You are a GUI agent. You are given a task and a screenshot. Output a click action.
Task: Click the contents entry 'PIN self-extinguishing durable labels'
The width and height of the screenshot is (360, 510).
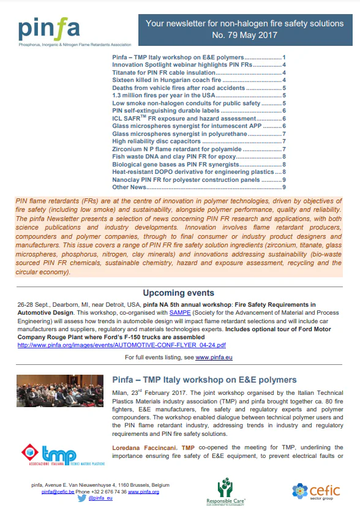[166, 110]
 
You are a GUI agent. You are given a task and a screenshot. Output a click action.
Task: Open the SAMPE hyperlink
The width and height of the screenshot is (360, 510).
[181, 312]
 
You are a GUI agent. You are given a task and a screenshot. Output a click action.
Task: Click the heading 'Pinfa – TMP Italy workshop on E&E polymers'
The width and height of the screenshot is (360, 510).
[204, 380]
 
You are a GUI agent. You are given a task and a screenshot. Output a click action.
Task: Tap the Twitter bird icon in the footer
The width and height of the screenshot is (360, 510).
[82, 499]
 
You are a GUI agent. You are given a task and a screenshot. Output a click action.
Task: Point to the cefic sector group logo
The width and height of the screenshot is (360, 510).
[316, 491]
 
